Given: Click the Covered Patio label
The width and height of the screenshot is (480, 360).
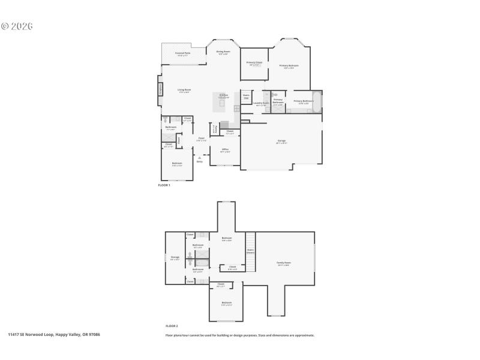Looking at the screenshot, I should pos(183,53).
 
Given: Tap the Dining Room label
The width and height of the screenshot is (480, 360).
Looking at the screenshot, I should pos(223,52).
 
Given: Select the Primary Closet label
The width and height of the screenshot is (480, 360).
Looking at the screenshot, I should pos(254,63).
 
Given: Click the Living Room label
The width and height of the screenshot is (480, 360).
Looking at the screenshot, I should pos(184,91).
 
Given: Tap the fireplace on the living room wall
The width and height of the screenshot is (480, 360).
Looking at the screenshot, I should pos(160,89).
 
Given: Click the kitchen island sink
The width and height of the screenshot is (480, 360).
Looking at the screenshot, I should pos(222,103).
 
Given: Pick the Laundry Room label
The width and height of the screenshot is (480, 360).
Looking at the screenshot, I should pos(262,103).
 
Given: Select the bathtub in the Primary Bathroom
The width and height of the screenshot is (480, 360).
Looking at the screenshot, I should pos(317,102).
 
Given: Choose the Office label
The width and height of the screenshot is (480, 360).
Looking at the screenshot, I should pos(225,150).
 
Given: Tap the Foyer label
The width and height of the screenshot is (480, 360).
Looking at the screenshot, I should pos(202,139).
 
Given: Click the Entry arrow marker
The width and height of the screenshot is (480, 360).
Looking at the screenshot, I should pos(200,158).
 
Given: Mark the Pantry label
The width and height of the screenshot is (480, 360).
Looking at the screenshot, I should pos(215,128).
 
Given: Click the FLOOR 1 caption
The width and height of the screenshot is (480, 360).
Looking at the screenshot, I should pos(164,185).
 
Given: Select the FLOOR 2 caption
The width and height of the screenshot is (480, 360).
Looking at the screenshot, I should pos(172,325).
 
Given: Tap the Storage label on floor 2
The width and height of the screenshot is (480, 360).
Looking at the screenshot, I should pos(175,258).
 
